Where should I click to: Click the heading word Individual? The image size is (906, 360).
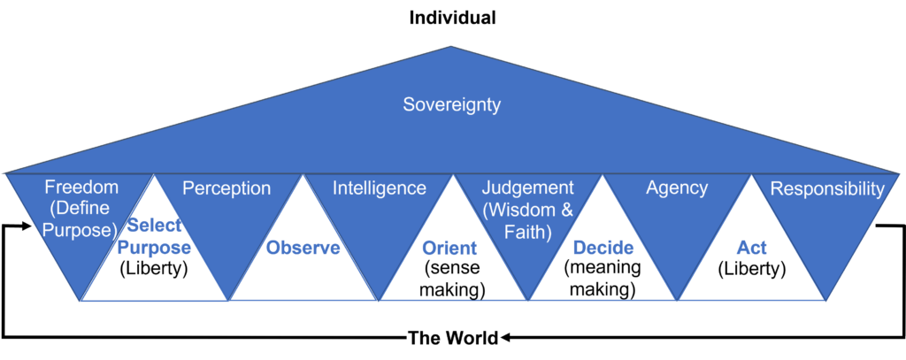click(452, 18)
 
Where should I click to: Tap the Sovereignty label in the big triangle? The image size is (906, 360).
click(452, 104)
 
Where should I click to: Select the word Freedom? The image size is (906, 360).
click(81, 188)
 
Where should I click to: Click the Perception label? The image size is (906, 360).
click(226, 188)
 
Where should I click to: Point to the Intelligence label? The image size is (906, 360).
click(380, 188)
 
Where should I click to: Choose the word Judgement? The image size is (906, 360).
click(527, 188)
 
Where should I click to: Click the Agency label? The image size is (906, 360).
click(677, 188)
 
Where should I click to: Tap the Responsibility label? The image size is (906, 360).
click(827, 188)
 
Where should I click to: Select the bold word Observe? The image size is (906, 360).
click(303, 248)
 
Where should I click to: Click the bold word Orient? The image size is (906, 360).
click(449, 248)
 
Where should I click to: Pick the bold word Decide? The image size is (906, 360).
click(603, 248)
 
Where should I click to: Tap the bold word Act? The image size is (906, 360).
click(751, 248)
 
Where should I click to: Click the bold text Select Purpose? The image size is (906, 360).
click(155, 237)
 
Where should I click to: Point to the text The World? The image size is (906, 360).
click(453, 338)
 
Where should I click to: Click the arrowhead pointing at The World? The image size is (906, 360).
click(505, 338)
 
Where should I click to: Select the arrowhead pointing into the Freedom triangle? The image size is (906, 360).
click(26, 226)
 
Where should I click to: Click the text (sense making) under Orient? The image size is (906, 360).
click(452, 280)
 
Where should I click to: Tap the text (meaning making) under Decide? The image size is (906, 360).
click(603, 280)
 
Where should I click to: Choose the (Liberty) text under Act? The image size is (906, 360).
click(751, 269)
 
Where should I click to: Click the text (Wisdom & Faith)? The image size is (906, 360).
click(527, 220)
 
